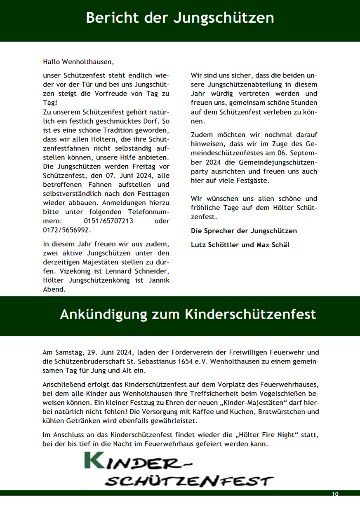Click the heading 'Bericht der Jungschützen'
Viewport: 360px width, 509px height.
[x=180, y=18]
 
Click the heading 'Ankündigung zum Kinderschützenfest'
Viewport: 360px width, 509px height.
[x=188, y=314]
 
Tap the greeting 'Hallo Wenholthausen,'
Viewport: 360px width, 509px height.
[x=78, y=62]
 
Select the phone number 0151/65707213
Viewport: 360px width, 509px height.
[x=108, y=221]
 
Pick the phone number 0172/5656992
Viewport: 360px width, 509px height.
[x=66, y=230]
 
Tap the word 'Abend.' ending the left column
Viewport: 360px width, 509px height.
[x=54, y=289]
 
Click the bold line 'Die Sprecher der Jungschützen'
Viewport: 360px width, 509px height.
[x=244, y=231]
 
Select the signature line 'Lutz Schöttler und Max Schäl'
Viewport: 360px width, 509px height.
[x=240, y=245]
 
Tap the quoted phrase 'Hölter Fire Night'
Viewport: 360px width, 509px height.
[x=266, y=435]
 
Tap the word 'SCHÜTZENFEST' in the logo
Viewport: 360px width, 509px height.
[x=189, y=481]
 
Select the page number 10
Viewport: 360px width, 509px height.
[x=334, y=494]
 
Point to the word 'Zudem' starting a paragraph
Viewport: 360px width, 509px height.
[x=200, y=135]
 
